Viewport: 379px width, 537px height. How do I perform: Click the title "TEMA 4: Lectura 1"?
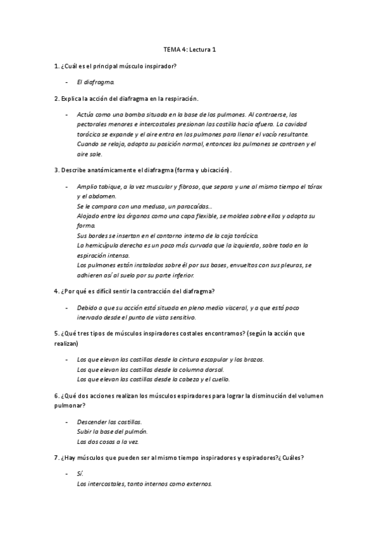189,50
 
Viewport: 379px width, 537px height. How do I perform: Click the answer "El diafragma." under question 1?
96,82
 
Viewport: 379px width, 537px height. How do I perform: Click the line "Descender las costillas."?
109,422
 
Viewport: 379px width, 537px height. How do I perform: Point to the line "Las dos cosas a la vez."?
108,441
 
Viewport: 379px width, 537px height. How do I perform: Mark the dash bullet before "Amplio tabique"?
67,186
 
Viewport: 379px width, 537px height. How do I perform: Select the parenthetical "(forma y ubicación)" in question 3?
199,170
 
